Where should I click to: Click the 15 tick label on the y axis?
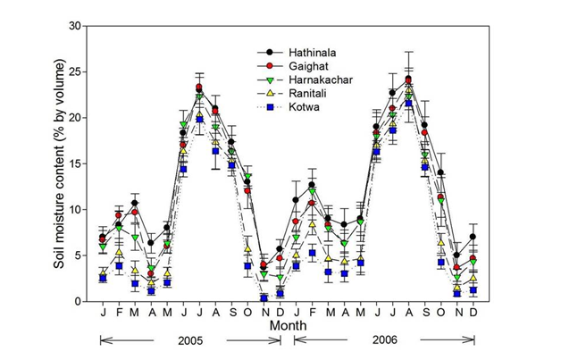point(76,163)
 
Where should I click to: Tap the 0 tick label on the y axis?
point(79,302)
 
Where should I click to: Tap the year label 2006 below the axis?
point(384,340)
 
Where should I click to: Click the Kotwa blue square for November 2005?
point(264,297)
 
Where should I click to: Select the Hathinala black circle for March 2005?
point(135,203)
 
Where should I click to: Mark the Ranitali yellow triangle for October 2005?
point(247,250)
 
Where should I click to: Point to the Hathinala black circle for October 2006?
point(441,172)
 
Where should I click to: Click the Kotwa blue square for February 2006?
point(312,254)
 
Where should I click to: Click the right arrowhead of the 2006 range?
point(473,340)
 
